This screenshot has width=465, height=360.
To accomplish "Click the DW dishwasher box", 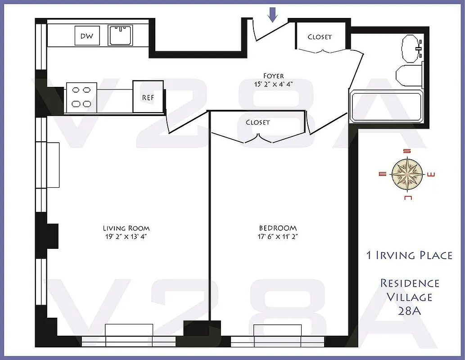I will (87, 36).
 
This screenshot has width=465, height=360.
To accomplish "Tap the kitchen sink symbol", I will (120, 36).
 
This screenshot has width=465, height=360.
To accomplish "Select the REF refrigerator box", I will (148, 97).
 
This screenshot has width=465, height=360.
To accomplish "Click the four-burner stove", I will (81, 97).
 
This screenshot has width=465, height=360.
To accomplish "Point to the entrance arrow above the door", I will (272, 14).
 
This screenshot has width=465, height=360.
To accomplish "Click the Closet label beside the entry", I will (320, 37).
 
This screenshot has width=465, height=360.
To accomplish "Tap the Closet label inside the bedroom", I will (258, 122).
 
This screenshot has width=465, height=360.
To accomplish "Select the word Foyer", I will (274, 76).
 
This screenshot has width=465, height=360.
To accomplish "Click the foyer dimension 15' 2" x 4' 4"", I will (274, 84).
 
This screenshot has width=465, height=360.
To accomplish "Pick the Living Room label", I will (126, 228).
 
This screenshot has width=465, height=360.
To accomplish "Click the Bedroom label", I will (278, 228).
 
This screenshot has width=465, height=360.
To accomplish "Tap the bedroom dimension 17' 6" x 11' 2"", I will (278, 237).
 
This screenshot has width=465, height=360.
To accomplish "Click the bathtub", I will (386, 106).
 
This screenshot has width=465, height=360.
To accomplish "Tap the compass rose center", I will (407, 174).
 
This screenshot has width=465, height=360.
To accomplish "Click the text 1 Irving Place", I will (409, 255).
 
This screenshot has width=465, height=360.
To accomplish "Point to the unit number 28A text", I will (409, 310).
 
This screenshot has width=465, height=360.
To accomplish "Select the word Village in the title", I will (409, 297).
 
